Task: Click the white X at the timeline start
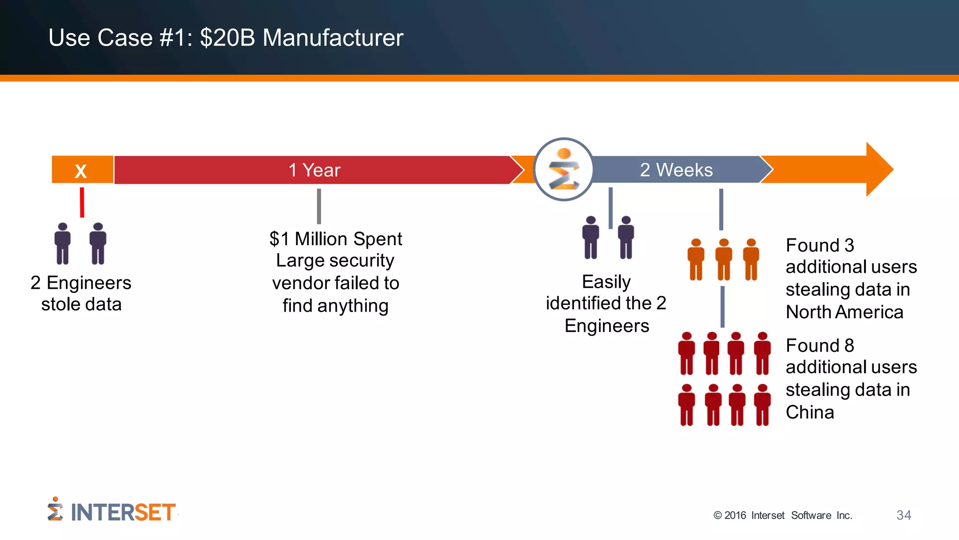click(81, 171)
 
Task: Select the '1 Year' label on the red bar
click(314, 170)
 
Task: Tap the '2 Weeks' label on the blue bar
click(676, 170)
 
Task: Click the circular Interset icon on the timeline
click(564, 169)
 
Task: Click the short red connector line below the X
click(82, 202)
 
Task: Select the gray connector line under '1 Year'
click(319, 206)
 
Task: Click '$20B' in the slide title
click(228, 37)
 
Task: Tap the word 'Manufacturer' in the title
click(333, 37)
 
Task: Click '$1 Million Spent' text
click(335, 239)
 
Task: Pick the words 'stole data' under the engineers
click(81, 305)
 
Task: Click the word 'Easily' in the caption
click(606, 282)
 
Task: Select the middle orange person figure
click(723, 259)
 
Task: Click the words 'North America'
click(844, 312)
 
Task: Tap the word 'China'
click(810, 412)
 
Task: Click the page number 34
click(903, 515)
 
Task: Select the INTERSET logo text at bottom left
click(123, 512)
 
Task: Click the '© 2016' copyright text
click(730, 516)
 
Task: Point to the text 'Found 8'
click(819, 346)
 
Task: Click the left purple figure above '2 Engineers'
click(62, 244)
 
